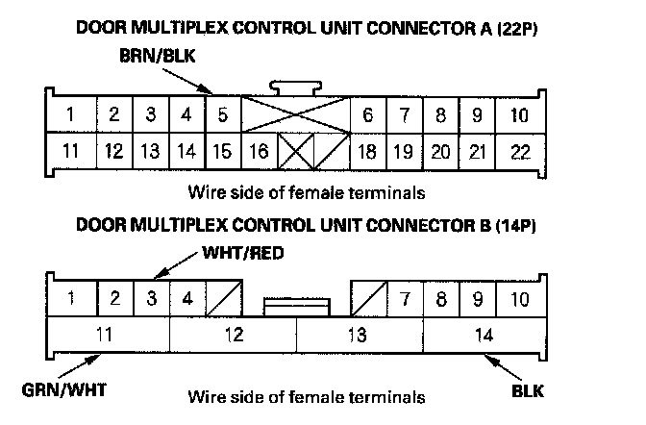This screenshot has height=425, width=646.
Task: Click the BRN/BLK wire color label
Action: click(x=158, y=58)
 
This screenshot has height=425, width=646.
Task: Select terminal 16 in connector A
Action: click(x=259, y=151)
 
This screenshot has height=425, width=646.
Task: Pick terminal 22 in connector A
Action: click(x=519, y=151)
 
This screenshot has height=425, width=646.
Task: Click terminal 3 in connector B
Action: click(x=151, y=297)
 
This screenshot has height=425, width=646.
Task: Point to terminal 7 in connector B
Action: click(x=406, y=297)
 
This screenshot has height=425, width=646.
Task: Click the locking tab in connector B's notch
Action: click(x=296, y=307)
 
